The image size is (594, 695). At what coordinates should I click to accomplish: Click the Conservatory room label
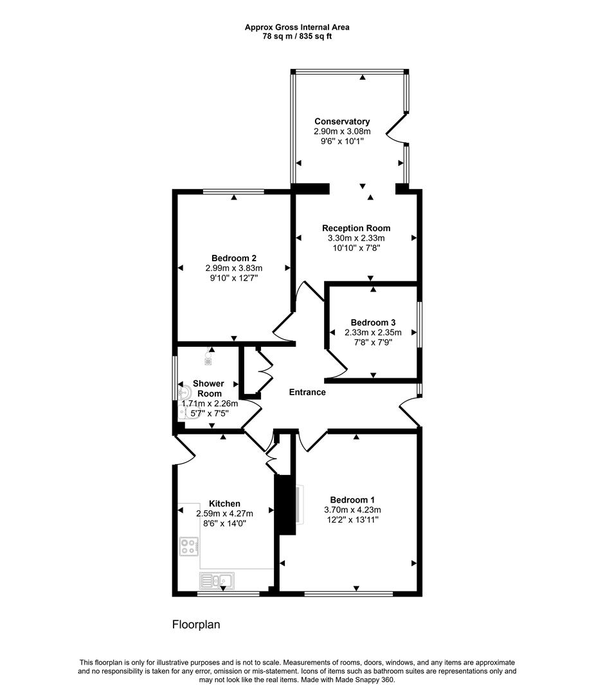point(342,122)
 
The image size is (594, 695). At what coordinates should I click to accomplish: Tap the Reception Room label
point(356,228)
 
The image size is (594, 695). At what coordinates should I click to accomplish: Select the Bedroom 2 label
point(234,259)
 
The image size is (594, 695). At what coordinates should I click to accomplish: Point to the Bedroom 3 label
point(373,323)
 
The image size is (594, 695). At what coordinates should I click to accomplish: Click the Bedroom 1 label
point(352,500)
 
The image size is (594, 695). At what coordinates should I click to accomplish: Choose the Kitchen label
point(225,504)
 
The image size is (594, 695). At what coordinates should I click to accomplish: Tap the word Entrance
point(307,393)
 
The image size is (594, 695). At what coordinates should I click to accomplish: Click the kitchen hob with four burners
point(188,547)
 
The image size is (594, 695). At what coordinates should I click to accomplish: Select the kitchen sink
point(216,581)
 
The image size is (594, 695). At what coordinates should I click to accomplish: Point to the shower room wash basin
point(186,390)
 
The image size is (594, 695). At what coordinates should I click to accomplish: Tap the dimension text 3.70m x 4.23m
point(352,510)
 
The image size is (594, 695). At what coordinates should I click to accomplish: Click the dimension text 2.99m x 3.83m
point(234,268)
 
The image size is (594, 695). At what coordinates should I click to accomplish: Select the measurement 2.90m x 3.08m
point(342,131)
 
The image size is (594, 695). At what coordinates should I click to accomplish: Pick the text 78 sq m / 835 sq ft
point(297,36)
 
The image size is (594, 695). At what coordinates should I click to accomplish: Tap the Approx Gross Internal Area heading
point(297,27)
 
